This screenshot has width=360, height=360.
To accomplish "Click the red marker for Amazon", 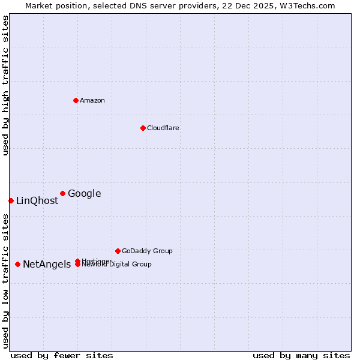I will click(x=76, y=100).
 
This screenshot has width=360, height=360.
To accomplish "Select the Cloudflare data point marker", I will click(x=143, y=128).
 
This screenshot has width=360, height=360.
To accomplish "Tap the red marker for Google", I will click(x=62, y=193).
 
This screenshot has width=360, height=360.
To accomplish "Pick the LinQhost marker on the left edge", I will click(x=11, y=200).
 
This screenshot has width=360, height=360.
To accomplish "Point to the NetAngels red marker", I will click(x=17, y=264).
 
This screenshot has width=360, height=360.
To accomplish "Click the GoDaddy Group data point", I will click(x=118, y=251).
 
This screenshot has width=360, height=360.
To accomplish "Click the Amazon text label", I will click(x=92, y=100).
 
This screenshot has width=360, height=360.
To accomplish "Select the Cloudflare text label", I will click(x=163, y=128).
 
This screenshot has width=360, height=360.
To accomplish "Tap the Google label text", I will click(x=85, y=193).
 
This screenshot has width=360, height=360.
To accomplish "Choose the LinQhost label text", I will click(x=37, y=201).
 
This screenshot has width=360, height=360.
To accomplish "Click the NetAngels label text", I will click(x=47, y=265).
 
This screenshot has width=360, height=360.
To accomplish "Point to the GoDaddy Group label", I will click(x=147, y=251).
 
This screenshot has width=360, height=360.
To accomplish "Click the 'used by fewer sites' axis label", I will click(x=62, y=355).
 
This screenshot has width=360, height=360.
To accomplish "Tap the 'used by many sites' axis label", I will click(x=301, y=355).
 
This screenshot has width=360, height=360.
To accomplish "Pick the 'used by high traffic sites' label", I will click(x=5, y=85).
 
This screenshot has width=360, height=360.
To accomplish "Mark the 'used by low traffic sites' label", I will click(x=5, y=281).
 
